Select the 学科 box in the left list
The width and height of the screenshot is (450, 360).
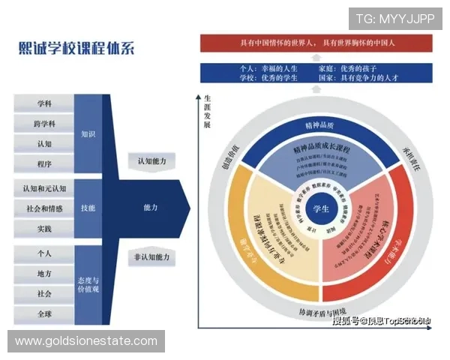click(x=43, y=103)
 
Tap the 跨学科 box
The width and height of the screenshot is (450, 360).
click(x=43, y=122)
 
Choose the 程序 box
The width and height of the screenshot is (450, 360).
click(x=43, y=162)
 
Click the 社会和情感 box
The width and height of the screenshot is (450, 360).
click(x=43, y=208)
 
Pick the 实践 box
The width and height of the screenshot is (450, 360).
click(x=43, y=228)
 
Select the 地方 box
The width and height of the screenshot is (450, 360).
click(x=43, y=274)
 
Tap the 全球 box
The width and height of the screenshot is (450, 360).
click(x=43, y=313)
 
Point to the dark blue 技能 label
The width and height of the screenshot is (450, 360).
click(x=88, y=208)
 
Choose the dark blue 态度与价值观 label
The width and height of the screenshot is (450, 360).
click(x=88, y=283)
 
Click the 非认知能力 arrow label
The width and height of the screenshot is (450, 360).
click(x=151, y=256)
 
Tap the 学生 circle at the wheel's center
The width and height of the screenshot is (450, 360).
click(x=321, y=208)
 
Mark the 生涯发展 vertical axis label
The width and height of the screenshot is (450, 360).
click(x=207, y=112)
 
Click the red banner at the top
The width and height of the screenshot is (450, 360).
click(x=320, y=43)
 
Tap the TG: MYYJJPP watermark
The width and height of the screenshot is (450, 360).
click(x=395, y=19)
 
